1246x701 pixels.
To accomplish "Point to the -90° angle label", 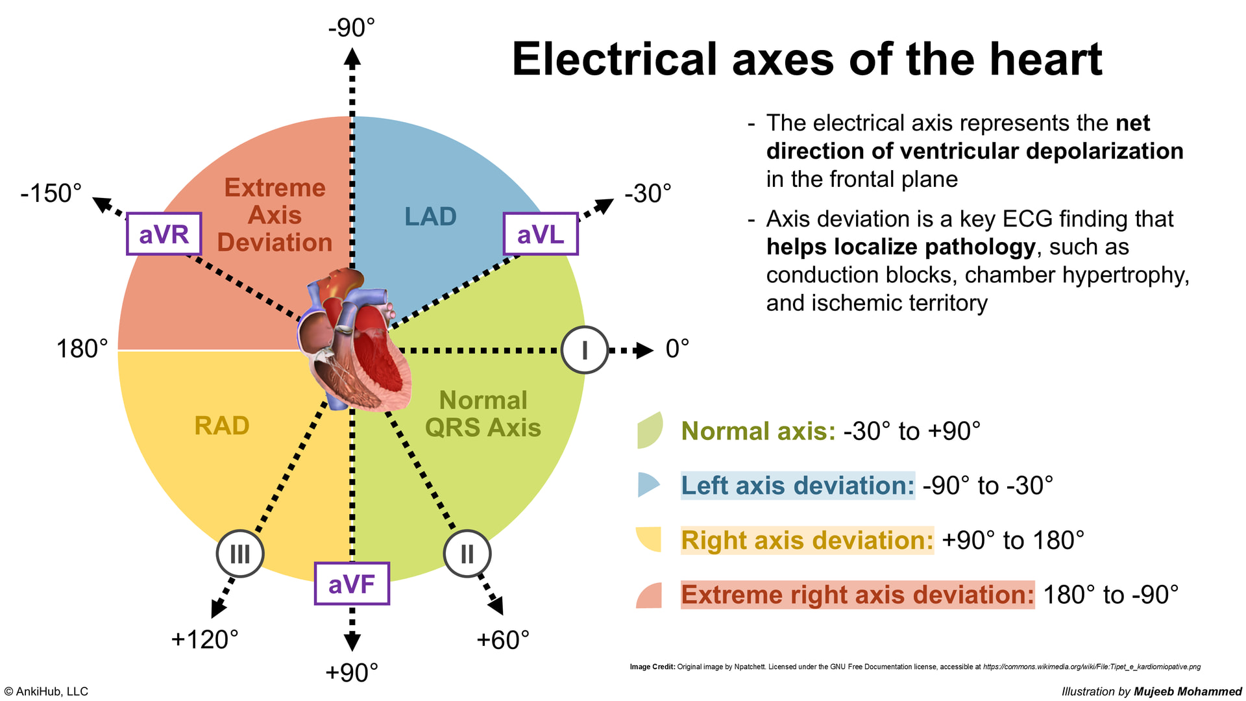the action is click(x=352, y=28).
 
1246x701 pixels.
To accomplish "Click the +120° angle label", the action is click(x=204, y=639).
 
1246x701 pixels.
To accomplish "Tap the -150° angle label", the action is click(x=51, y=193).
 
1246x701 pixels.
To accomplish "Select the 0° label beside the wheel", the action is click(x=677, y=349).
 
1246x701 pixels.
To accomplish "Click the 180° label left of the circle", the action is click(x=82, y=349).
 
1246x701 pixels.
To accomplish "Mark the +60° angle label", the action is click(x=503, y=640).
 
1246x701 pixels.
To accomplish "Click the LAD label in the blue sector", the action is click(x=430, y=217).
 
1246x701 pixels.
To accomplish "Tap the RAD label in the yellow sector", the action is click(x=222, y=426).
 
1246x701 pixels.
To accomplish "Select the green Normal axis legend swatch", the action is click(x=650, y=430).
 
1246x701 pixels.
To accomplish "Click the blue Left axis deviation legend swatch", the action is click(x=648, y=485).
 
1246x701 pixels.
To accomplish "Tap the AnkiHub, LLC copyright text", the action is click(x=46, y=691).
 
